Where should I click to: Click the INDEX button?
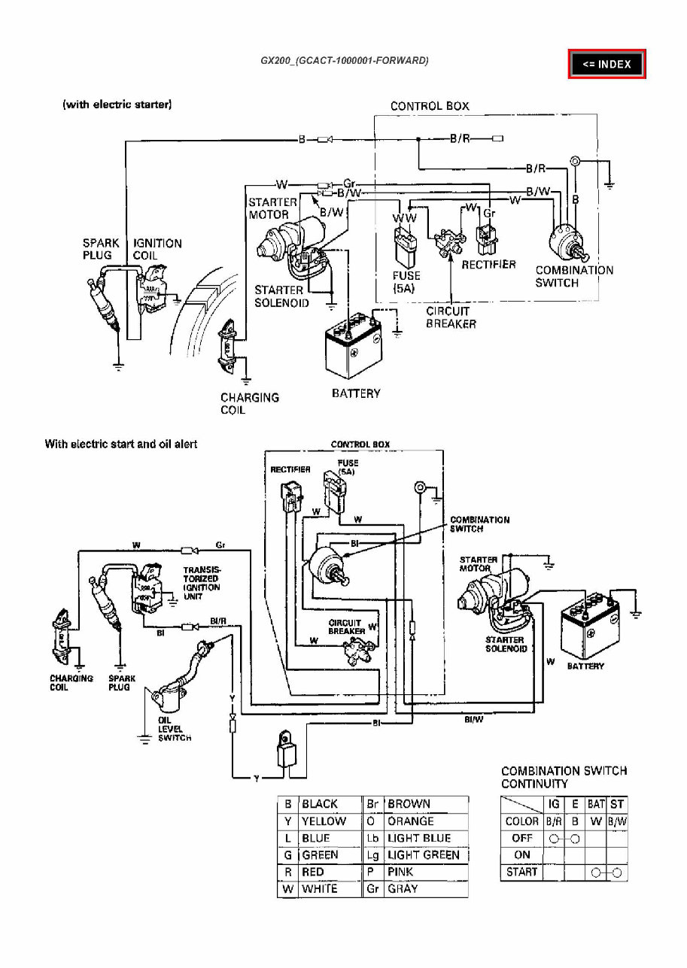click(606, 64)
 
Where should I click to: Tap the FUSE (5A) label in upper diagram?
click(406, 282)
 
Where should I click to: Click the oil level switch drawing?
click(172, 696)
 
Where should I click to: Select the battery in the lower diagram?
click(590, 627)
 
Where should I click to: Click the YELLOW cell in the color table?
click(324, 821)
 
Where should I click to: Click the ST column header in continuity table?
click(618, 804)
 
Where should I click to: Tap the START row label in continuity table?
click(521, 872)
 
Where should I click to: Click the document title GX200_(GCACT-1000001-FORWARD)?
click(345, 60)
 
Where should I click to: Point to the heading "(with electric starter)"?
click(117, 105)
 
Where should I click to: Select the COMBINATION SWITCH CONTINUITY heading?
click(564, 777)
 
